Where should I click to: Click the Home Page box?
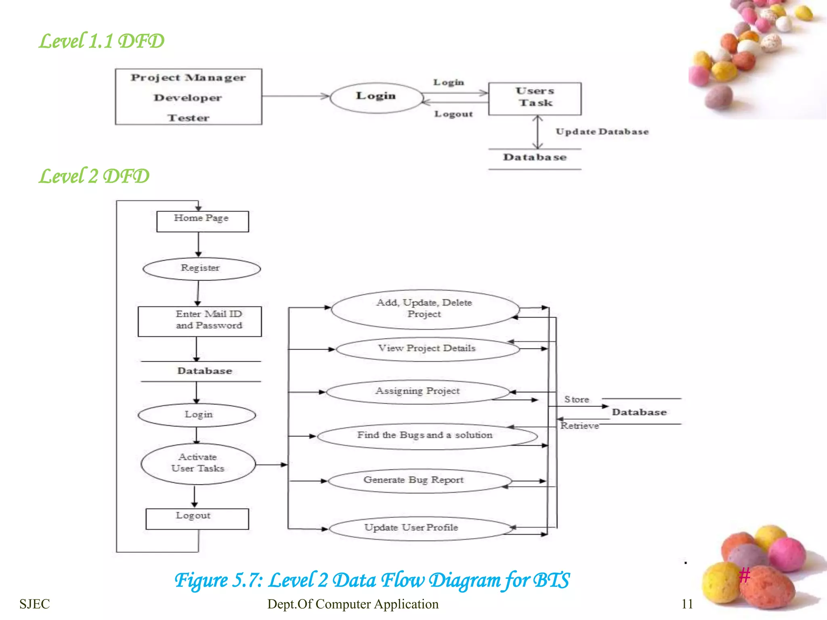coord(202,221)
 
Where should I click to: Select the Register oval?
coord(201,268)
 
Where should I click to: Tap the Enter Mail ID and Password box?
coord(199,321)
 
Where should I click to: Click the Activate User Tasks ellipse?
coord(198,463)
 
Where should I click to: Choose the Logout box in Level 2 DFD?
coord(197,518)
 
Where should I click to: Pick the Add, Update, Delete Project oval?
coord(424,309)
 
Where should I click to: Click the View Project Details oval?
coord(427,349)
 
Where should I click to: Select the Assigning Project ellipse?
coord(418,392)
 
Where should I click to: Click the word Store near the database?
coord(577,400)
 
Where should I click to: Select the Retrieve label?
coord(579,426)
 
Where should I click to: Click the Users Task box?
coord(535,98)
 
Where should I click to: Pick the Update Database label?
coord(602,132)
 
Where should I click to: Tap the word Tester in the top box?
coord(188,118)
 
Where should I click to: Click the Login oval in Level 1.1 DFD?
coord(376,97)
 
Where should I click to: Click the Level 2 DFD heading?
coord(94,176)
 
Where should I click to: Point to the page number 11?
coord(687,604)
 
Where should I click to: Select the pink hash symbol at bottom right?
coord(744,575)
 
